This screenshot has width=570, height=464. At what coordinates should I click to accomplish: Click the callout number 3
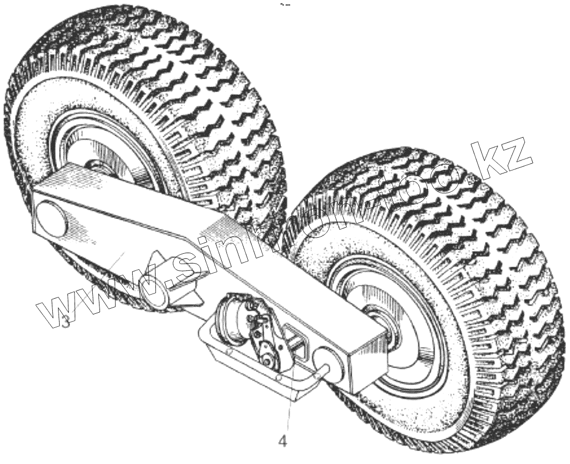click(x=65, y=322)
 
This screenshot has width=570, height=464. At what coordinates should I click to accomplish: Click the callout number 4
click(x=282, y=441)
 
